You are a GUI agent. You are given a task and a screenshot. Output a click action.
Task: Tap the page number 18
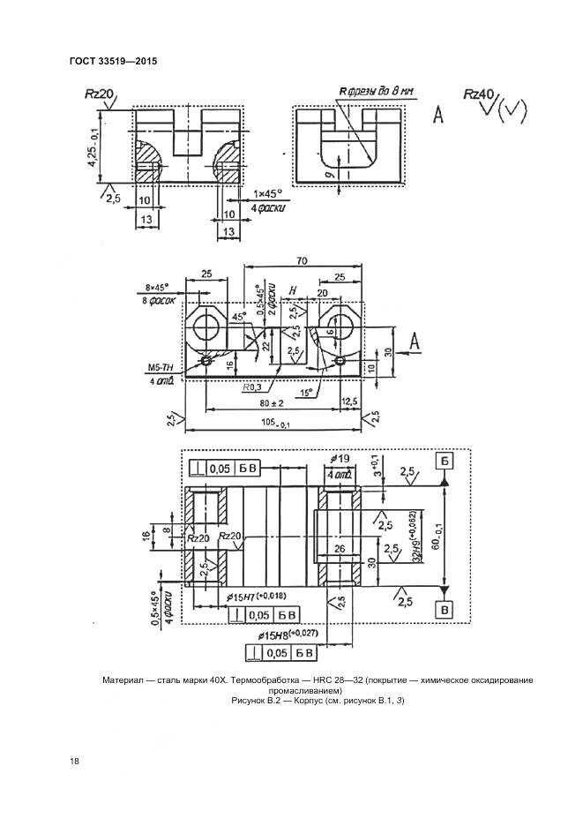(73, 760)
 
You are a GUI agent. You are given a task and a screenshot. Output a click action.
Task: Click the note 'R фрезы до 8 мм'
(376, 91)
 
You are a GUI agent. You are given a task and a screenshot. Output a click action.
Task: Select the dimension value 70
(302, 260)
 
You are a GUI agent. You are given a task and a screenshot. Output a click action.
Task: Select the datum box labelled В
(445, 609)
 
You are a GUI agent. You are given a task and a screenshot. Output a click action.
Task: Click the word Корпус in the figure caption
(290, 700)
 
